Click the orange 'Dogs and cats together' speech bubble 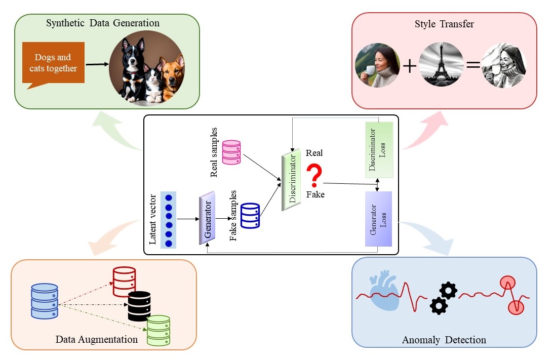[53, 63]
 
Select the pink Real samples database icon [231, 152]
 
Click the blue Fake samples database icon [250, 215]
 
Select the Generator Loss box [378, 219]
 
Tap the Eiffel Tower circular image [442, 64]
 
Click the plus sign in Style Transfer [409, 65]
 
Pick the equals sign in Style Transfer [472, 65]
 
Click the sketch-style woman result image [504, 64]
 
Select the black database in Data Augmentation [139, 306]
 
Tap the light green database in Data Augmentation [158, 330]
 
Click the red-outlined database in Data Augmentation [124, 282]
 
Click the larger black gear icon [447, 290]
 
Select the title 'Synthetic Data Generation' [103, 23]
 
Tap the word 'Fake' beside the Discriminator [315, 194]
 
